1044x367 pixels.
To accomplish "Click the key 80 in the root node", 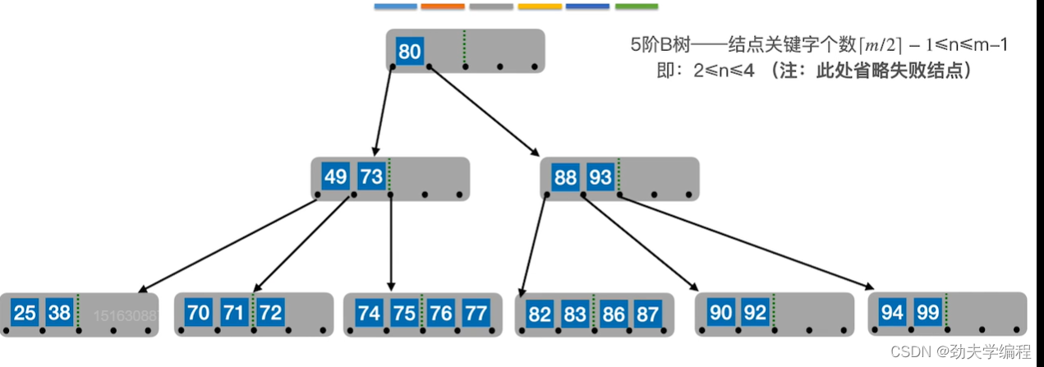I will pyautogui.click(x=409, y=52).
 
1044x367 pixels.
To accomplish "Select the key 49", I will pyautogui.click(x=335, y=177).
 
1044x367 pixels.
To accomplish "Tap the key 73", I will pyautogui.click(x=371, y=177).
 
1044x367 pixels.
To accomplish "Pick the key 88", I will pyautogui.click(x=565, y=177).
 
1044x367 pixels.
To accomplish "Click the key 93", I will pyautogui.click(x=600, y=177).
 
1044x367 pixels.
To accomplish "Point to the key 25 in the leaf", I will pyautogui.click(x=25, y=313).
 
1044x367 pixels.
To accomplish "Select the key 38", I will pyautogui.click(x=59, y=313).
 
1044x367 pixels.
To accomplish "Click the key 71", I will pyautogui.click(x=234, y=313).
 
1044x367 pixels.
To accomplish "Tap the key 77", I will pyautogui.click(x=476, y=313).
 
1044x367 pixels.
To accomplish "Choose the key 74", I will pyautogui.click(x=369, y=313).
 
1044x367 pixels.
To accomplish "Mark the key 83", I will pyautogui.click(x=575, y=313).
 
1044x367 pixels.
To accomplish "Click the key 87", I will pyautogui.click(x=646, y=313).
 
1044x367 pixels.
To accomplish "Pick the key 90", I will pyautogui.click(x=720, y=313).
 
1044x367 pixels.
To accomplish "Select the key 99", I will pyautogui.click(x=928, y=313).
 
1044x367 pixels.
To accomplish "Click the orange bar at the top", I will pyautogui.click(x=443, y=6).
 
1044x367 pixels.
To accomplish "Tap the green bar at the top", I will pyautogui.click(x=636, y=6).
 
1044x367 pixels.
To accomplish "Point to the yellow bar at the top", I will pyautogui.click(x=540, y=6).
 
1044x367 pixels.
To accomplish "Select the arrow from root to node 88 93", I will pyautogui.click(x=482, y=111).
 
